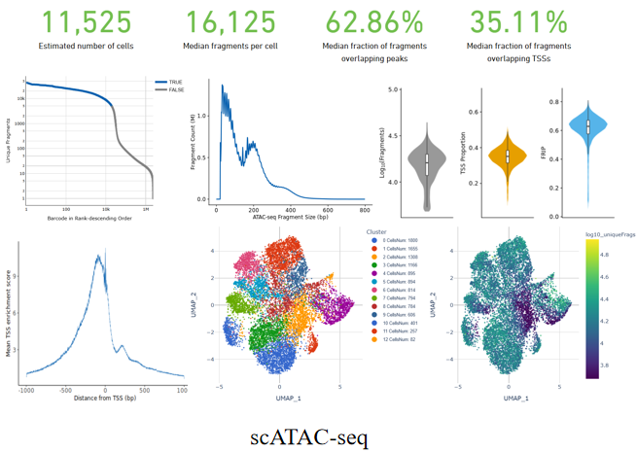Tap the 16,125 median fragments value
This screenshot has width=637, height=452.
pyautogui.click(x=230, y=21)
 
